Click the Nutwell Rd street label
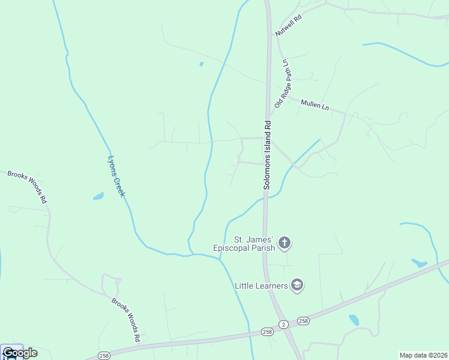pyautogui.click(x=288, y=26)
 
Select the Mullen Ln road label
pyautogui.click(x=315, y=106)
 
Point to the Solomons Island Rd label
pyautogui.click(x=268, y=154)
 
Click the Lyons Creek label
pyautogui.click(x=116, y=176)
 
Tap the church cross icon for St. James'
pyautogui.click(x=285, y=243)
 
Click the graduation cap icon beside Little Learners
pyautogui.click(x=297, y=285)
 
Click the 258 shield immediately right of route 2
pyautogui.click(x=303, y=321)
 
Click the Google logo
pyautogui.click(x=20, y=353)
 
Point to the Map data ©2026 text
pyautogui.click(x=423, y=355)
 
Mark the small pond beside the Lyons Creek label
pyautogui.click(x=98, y=196)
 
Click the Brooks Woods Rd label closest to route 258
pyautogui.click(x=125, y=319)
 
